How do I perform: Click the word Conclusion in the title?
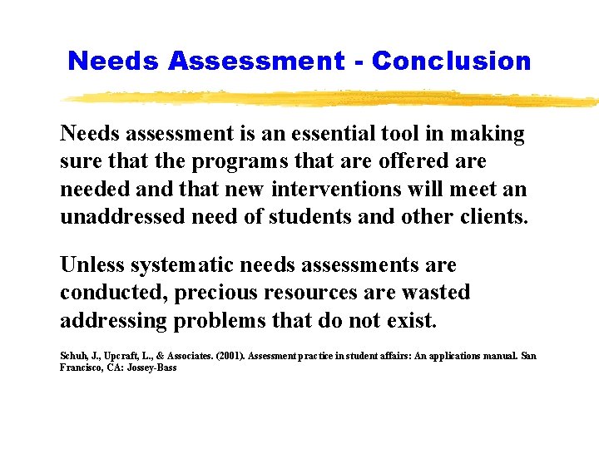point(451,61)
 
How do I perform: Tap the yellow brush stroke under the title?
point(333,99)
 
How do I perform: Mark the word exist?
point(410,320)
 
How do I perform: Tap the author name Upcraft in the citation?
point(116,356)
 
